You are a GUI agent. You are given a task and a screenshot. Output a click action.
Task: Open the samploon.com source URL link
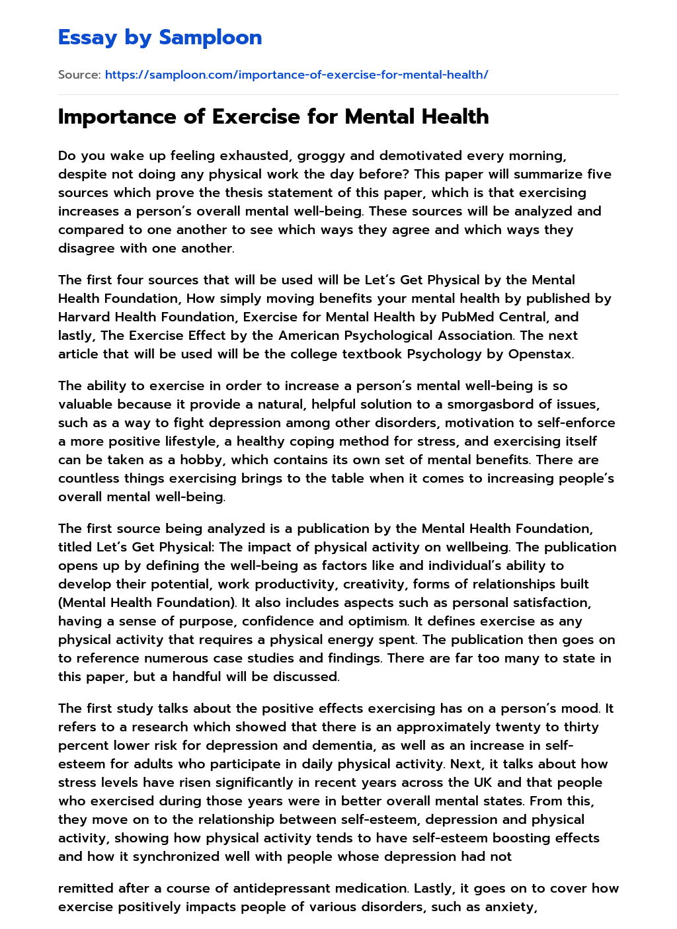pos(296,75)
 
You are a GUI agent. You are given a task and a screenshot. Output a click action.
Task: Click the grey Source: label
pos(79,75)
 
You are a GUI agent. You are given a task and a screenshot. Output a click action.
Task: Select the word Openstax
pos(540,354)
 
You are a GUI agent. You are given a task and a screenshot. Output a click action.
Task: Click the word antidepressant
pos(335,889)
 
